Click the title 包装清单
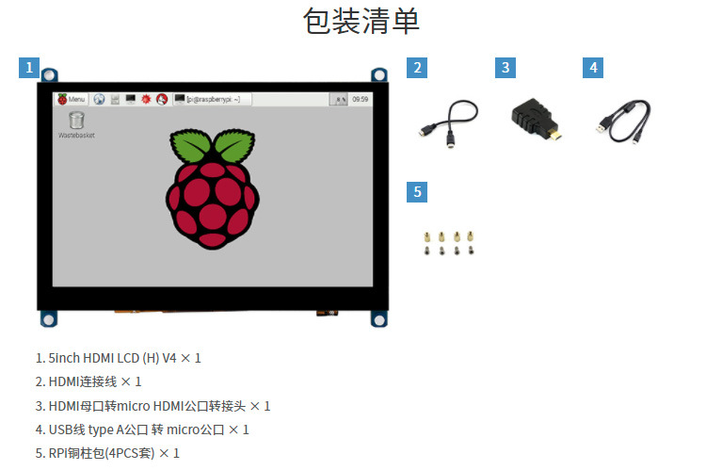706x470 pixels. [361, 21]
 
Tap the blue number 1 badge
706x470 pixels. [29, 68]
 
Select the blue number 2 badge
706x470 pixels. [418, 68]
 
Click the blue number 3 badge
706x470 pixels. [505, 68]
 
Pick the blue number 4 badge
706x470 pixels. [592, 68]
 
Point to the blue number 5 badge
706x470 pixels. [418, 192]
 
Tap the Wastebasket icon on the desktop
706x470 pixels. [76, 122]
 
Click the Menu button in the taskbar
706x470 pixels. [72, 99]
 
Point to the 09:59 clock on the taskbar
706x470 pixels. [360, 99]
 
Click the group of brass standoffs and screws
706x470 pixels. [446, 242]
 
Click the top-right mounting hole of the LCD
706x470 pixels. [378, 74]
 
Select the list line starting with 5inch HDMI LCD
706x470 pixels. [118, 358]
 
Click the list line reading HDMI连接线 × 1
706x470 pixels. [88, 381]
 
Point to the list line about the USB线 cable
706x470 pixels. [142, 429]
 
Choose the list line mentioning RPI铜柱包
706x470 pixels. [107, 453]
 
